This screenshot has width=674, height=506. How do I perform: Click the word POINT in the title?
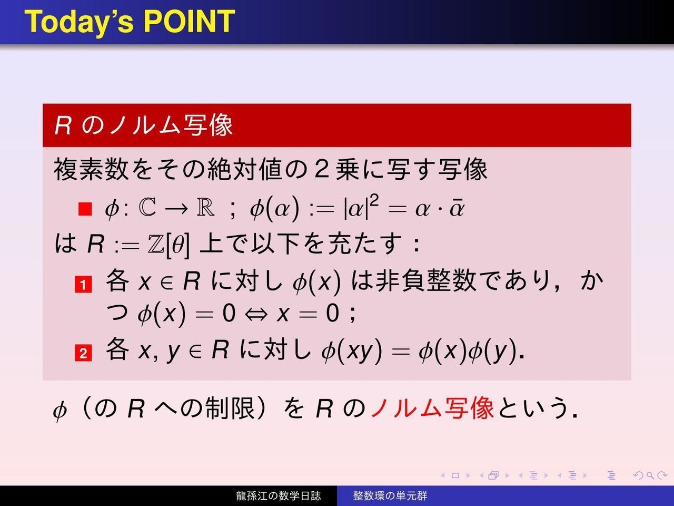pyautogui.click(x=189, y=22)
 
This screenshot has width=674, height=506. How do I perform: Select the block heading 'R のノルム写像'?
pyautogui.click(x=143, y=125)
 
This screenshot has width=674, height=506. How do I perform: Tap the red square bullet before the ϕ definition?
pyautogui.click(x=85, y=209)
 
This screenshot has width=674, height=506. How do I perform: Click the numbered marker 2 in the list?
pyautogui.click(x=83, y=353)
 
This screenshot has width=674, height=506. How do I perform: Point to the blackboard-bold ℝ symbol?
pyautogui.click(x=205, y=208)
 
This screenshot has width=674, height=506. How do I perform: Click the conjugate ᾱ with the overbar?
pyautogui.click(x=457, y=209)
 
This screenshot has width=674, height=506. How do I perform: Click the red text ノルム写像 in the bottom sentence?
pyautogui.click(x=432, y=408)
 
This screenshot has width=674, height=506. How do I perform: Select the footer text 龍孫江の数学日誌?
pyautogui.click(x=278, y=496)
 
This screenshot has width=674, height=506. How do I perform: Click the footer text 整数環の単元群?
pyautogui.click(x=390, y=496)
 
